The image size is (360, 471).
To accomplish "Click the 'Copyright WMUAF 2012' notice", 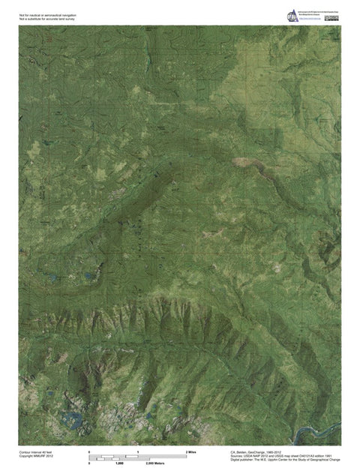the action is [x=35, y=457].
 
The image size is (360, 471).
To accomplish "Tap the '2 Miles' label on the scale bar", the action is [x=190, y=453].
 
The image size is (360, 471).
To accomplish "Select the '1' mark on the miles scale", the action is [x=139, y=453].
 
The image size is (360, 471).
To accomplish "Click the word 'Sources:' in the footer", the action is [x=237, y=456].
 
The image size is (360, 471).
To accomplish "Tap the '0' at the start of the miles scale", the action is [x=90, y=453].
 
